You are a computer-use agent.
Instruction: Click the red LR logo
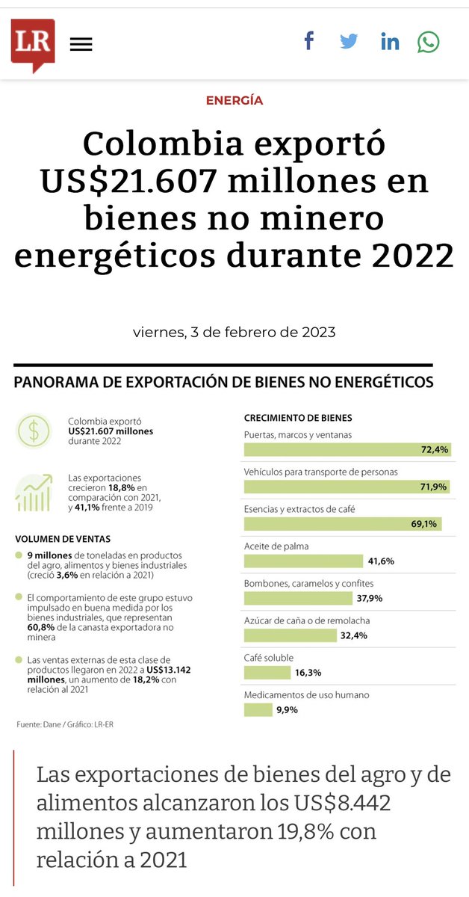(32, 43)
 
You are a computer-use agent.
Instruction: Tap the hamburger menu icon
(81, 44)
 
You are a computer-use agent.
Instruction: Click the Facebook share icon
(308, 41)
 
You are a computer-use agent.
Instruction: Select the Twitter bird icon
(349, 41)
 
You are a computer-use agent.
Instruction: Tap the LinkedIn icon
(389, 42)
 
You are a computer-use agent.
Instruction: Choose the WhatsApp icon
(428, 42)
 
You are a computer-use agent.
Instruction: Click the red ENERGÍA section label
(234, 100)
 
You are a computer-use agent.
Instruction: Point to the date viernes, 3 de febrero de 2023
(234, 332)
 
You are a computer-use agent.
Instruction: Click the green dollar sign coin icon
(34, 431)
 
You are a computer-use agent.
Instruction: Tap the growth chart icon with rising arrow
(34, 493)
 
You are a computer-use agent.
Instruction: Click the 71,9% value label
(434, 487)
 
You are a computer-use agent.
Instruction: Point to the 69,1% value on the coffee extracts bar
(423, 524)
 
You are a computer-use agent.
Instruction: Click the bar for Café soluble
(267, 673)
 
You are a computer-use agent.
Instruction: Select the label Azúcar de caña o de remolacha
(307, 620)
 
